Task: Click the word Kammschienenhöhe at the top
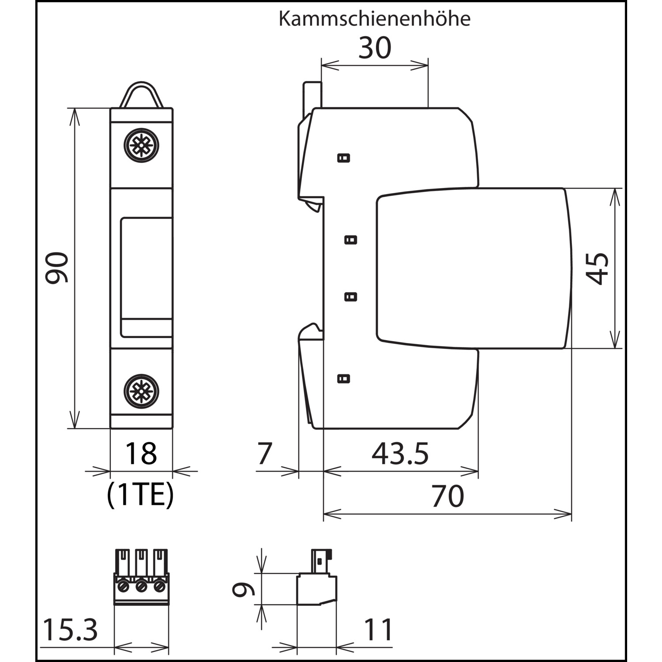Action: point(374,19)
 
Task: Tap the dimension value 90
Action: point(57,267)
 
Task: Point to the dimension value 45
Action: point(597,268)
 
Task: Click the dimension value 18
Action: point(141,453)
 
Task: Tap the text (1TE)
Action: point(141,496)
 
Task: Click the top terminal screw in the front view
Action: point(141,145)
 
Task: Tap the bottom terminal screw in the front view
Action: point(141,391)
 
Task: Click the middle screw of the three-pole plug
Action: point(141,587)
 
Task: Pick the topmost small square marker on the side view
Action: point(343,158)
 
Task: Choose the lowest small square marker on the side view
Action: point(343,378)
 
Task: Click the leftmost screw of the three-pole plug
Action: point(123,587)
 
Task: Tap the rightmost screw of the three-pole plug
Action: point(159,587)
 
